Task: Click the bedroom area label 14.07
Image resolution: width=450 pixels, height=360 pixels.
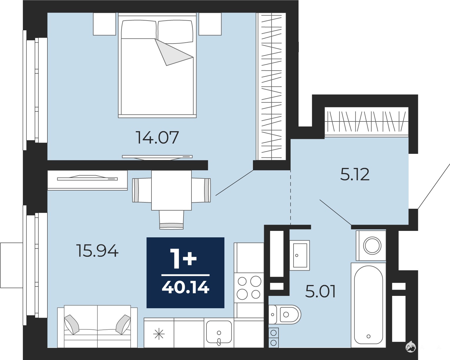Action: coord(157,137)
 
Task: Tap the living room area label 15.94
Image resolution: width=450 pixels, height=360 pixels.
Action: coord(97,251)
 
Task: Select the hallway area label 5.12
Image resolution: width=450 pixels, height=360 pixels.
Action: coord(355,174)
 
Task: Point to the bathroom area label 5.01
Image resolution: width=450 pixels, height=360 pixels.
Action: coord(320,291)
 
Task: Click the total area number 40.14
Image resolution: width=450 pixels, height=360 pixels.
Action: coord(186,287)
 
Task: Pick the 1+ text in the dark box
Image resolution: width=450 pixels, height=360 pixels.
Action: coord(184,259)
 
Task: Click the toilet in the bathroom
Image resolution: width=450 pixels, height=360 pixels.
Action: coord(285,314)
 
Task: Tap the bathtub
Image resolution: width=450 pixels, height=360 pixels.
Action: coord(369,305)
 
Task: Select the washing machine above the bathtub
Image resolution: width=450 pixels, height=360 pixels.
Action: coord(371,246)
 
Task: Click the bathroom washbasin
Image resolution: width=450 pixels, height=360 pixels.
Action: coord(299,255)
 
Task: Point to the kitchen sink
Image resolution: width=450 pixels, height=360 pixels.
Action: coord(219,333)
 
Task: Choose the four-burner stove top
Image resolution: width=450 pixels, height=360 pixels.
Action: coord(249,288)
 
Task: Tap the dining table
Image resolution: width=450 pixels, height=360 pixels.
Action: coord(171,190)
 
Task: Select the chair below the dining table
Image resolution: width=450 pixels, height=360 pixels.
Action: coord(171,220)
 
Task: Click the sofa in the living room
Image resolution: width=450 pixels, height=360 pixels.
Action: coord(97,326)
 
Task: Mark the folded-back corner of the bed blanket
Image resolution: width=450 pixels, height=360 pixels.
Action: coord(172,53)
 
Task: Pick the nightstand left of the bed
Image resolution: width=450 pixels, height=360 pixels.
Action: coord(104,24)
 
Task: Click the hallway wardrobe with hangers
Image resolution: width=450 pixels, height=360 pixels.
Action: coord(366,121)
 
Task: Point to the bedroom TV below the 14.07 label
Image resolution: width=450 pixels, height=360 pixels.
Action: coord(157,158)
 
